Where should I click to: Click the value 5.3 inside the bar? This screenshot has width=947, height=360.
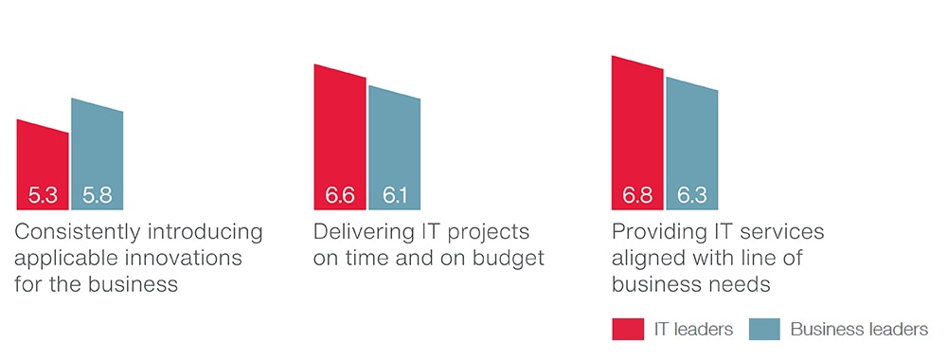tap(43, 196)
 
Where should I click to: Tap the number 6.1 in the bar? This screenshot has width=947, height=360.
tap(394, 196)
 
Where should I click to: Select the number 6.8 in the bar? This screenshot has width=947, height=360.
tap(637, 196)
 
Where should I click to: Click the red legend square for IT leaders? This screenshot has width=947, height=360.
tap(628, 329)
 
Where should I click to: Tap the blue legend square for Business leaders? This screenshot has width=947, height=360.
tap(764, 329)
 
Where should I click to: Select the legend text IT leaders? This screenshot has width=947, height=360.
tap(693, 329)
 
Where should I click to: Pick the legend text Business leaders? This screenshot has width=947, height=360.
tap(860, 329)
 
